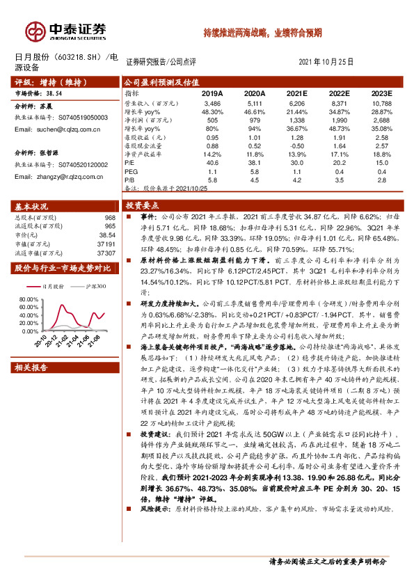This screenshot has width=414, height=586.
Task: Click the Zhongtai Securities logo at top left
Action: tap(67, 31)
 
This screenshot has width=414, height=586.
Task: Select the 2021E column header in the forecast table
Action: tap(297, 93)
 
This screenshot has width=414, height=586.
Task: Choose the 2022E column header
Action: tap(340, 93)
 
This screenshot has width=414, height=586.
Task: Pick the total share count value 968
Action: tap(109, 218)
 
